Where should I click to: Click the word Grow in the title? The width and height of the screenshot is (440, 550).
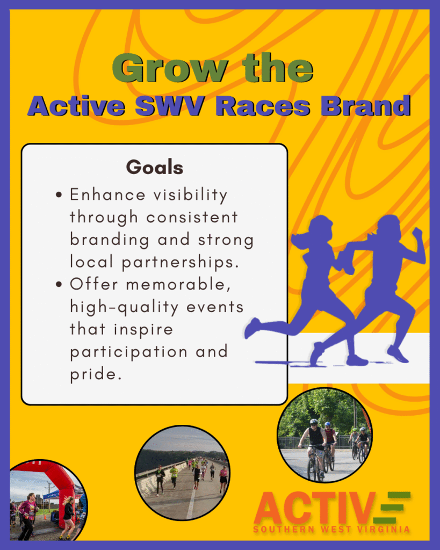coord(170,68)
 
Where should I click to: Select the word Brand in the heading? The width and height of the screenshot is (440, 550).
coord(366,106)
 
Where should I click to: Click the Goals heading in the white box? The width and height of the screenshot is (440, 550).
coord(155,168)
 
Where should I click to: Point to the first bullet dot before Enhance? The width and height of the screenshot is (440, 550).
coord(59,194)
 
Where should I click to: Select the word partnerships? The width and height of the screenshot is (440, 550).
coord(181,262)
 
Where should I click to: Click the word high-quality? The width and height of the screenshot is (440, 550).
coord(124,307)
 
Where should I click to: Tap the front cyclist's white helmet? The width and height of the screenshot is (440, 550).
coord(314,422)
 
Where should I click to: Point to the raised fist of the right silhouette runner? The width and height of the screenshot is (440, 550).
coord(417,233)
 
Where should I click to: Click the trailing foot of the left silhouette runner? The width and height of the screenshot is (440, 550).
coord(252,328)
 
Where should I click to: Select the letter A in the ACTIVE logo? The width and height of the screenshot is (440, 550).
coord(270,508)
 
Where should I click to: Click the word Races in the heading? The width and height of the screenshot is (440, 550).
coord(263,106)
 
